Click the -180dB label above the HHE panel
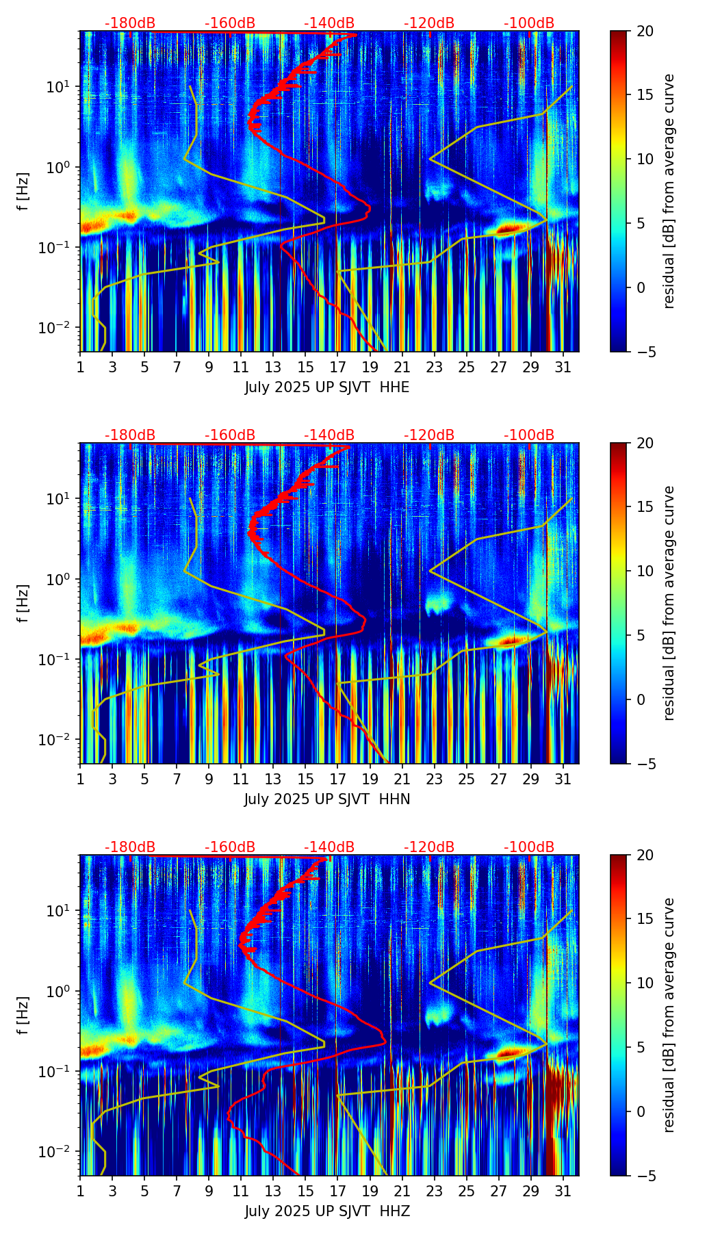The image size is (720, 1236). point(130,23)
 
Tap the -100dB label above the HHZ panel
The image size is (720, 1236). point(529,847)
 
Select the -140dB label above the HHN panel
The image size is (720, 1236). point(329,435)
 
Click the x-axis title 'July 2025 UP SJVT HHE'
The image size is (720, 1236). point(327,387)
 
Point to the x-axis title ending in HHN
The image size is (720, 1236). point(327,799)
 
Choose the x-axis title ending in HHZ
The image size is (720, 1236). point(327,1211)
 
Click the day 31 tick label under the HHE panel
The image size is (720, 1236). point(563,368)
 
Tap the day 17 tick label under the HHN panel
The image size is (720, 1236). point(337,780)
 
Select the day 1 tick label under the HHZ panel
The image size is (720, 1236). point(80,1192)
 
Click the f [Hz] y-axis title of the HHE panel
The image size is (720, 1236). point(23,191)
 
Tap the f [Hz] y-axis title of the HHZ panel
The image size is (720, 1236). point(23,1015)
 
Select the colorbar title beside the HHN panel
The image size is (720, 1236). point(669,603)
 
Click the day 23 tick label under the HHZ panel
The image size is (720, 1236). point(434,1192)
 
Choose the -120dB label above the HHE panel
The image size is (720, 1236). point(429,23)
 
